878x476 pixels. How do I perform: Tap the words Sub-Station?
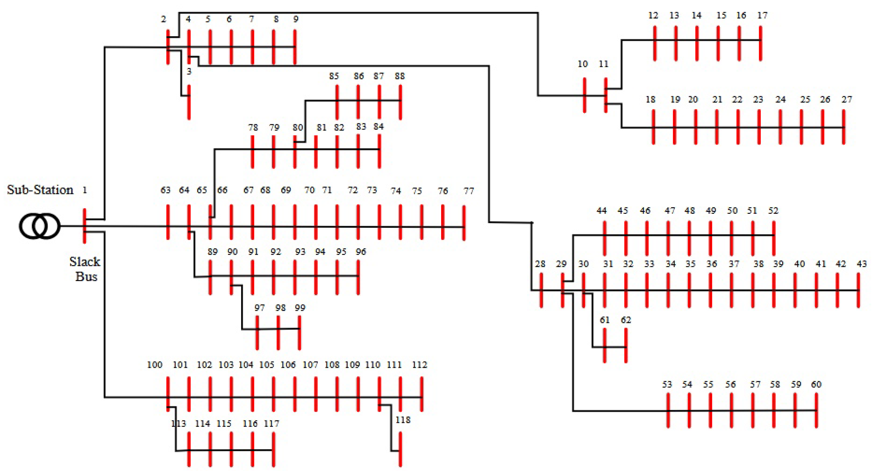pyautogui.click(x=40, y=190)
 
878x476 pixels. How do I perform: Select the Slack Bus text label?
pyautogui.click(x=85, y=269)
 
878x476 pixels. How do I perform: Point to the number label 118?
pyautogui.click(x=403, y=420)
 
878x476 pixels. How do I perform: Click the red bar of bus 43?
pyautogui.click(x=858, y=290)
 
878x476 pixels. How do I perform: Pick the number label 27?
pyautogui.click(x=847, y=99)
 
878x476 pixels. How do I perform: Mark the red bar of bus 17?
pyautogui.click(x=760, y=43)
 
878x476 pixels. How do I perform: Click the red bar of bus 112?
pyautogui.click(x=422, y=394)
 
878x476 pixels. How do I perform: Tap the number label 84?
pyautogui.click(x=378, y=127)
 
